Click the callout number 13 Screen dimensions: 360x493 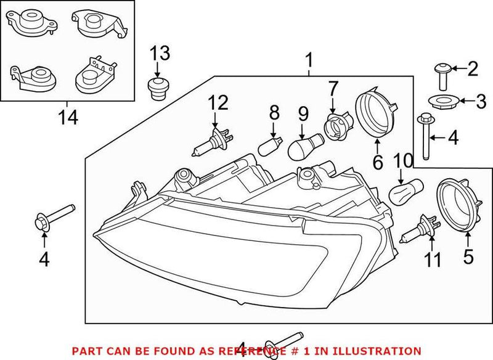(160, 54)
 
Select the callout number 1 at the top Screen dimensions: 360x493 (310, 60)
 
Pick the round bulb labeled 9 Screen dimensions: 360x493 (304, 149)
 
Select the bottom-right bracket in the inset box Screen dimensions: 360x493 (94, 75)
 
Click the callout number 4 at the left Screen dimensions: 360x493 (43, 260)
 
